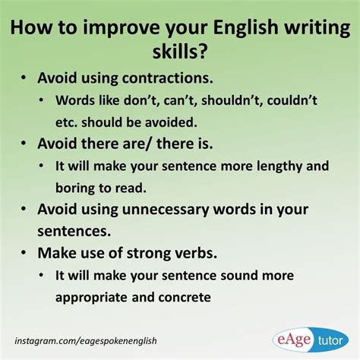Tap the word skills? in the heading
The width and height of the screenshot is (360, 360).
180,52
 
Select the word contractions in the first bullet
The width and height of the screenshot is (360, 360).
167,78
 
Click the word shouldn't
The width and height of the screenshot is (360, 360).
232,100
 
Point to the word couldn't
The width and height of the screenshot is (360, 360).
292,100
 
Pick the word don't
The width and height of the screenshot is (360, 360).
141,100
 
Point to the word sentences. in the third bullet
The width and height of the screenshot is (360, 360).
74,232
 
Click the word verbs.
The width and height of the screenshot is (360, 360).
196,253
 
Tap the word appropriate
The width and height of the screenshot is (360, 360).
91,298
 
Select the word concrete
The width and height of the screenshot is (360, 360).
185,298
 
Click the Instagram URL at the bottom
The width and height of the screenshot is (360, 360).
86,341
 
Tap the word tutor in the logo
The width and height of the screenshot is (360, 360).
330,341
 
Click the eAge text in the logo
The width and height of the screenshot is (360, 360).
294,339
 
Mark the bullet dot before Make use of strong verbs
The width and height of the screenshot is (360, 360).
24,253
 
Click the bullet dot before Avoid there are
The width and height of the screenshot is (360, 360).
24,144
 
